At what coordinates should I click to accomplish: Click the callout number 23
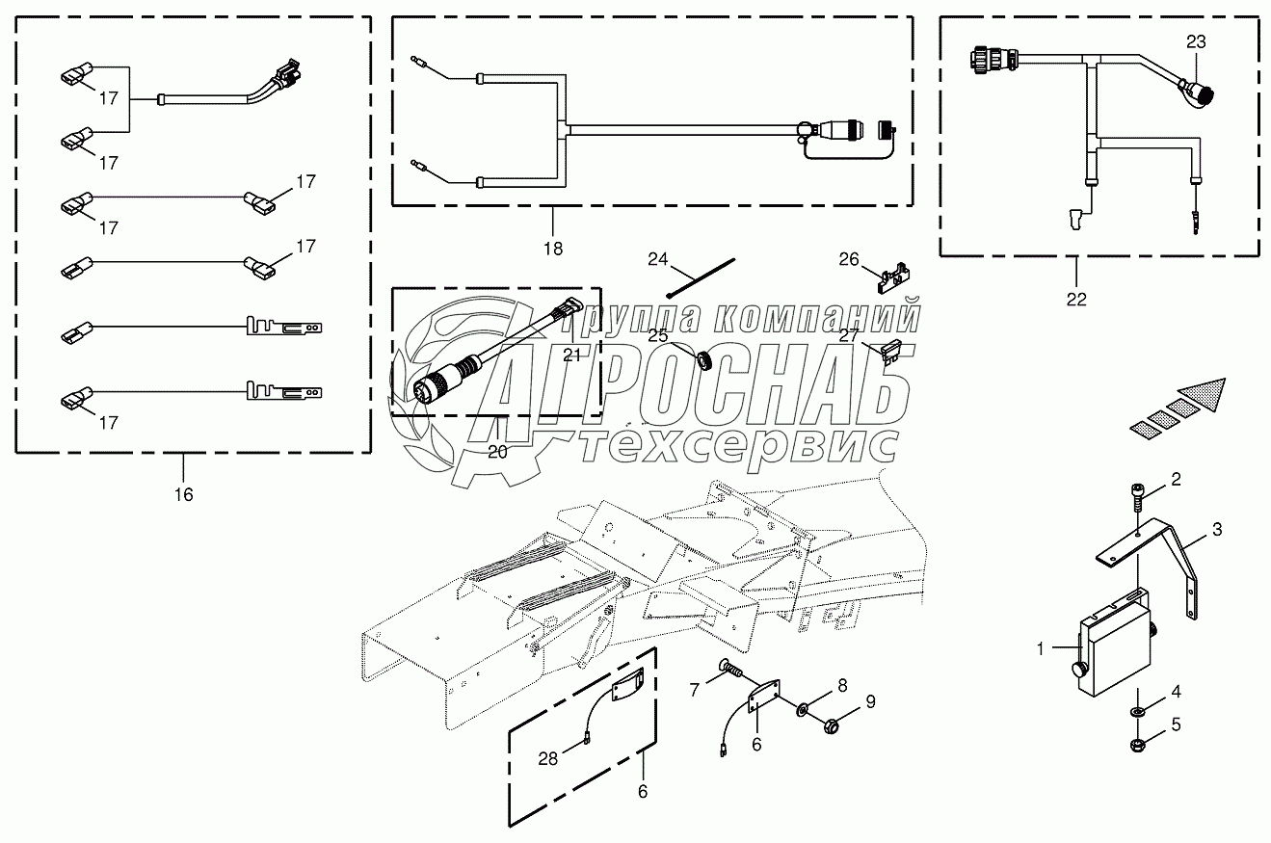(1196, 42)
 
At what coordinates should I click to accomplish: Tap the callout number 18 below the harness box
(552, 248)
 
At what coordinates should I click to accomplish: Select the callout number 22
(1076, 299)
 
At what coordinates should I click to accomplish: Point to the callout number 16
(183, 494)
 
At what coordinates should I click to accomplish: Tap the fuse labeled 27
(892, 351)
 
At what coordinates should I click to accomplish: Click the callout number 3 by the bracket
(1217, 529)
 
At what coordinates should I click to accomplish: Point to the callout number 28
(547, 759)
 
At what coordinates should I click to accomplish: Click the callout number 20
(497, 453)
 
